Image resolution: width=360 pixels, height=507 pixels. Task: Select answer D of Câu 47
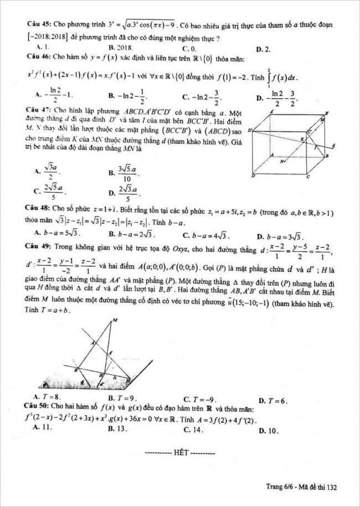point(124,193)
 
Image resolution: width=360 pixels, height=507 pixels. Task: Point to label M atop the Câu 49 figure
point(115,319)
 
